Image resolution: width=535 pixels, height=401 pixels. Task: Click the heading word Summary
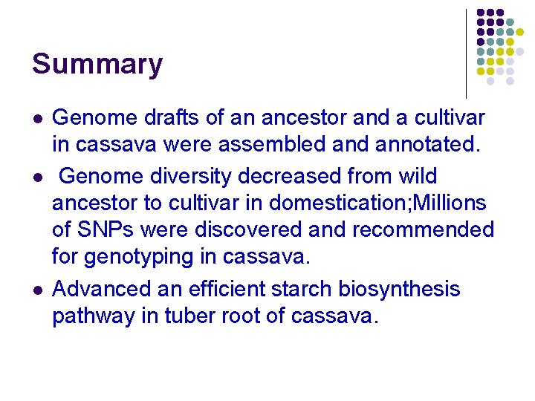point(97,65)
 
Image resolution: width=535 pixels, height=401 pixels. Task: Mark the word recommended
point(423,230)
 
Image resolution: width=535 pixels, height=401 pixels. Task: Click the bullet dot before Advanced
point(36,290)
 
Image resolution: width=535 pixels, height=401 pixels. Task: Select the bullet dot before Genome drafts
point(36,119)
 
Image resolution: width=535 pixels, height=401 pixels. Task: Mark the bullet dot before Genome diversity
point(36,177)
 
